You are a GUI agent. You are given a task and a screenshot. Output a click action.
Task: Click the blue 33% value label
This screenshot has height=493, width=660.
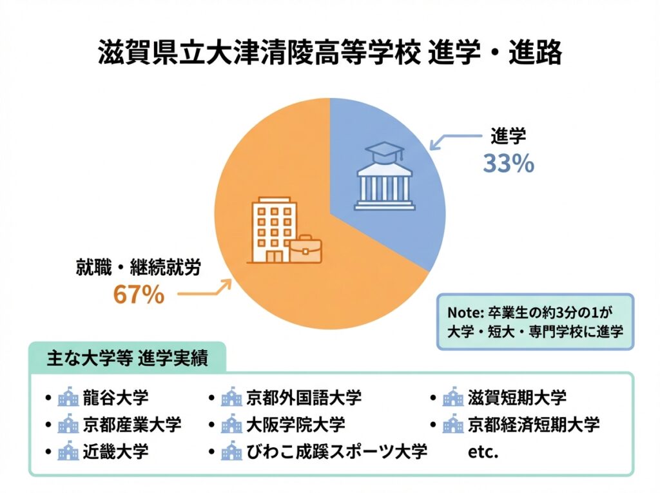509,164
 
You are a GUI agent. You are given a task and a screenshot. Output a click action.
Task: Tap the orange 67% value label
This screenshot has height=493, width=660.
139,295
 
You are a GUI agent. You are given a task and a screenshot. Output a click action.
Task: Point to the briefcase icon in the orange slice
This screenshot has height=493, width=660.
306,249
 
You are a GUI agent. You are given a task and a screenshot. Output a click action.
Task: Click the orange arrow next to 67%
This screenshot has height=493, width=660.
204,291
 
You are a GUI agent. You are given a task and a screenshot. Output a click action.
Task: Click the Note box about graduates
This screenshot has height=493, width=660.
535,322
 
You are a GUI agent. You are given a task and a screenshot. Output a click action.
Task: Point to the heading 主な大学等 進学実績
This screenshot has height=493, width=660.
127,358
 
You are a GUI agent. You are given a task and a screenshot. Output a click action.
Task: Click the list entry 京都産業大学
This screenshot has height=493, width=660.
132,424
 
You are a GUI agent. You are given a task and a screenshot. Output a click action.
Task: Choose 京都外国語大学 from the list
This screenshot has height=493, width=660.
304,397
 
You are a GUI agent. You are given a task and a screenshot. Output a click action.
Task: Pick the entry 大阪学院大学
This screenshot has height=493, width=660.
296,424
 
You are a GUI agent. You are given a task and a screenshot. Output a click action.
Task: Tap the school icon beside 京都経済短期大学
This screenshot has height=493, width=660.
453,425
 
